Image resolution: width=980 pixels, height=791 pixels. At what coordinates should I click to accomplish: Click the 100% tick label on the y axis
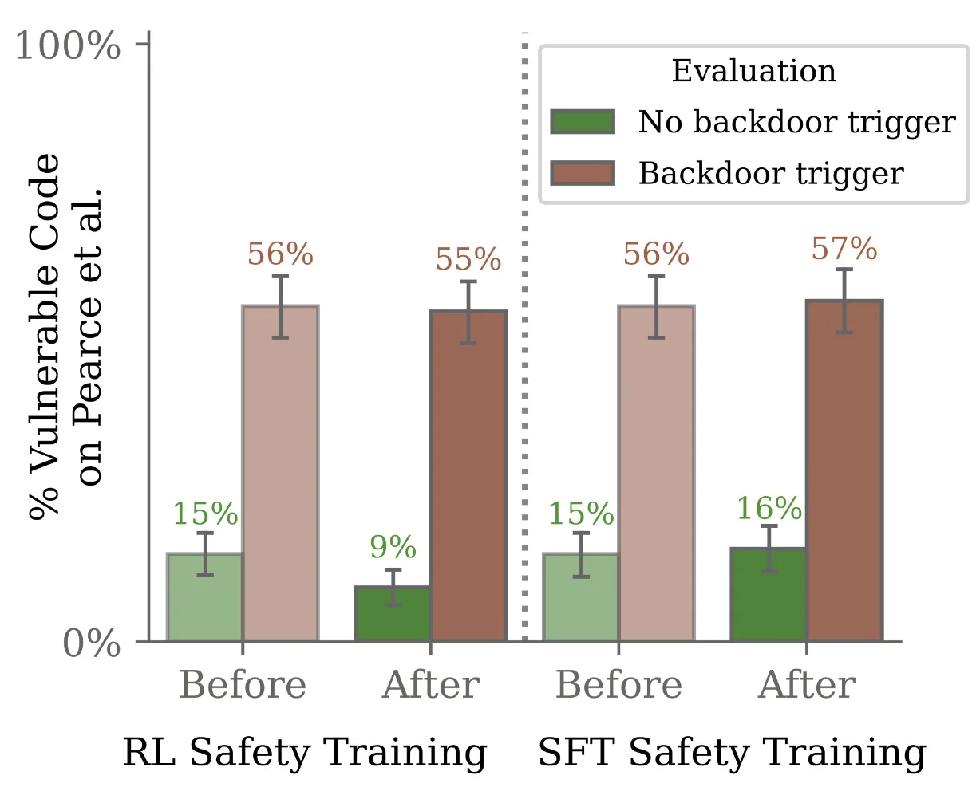point(68,47)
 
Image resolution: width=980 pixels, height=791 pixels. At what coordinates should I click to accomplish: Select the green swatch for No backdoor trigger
point(583,123)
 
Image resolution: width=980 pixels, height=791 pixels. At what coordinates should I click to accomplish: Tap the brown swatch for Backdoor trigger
point(583,173)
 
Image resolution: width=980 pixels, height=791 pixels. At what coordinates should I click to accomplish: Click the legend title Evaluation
point(753,71)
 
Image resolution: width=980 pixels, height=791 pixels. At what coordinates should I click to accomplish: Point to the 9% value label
point(393,548)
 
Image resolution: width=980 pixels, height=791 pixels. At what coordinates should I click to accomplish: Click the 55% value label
point(468,260)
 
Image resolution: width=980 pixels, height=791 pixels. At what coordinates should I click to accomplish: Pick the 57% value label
point(844,250)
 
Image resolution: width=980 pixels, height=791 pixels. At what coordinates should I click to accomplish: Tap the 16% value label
point(769,509)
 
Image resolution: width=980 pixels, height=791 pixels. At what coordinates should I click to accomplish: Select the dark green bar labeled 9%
point(393,616)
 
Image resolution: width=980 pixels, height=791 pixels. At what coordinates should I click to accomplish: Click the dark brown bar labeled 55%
point(468,478)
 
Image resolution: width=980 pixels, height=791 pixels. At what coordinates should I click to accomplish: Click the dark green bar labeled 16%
point(769,596)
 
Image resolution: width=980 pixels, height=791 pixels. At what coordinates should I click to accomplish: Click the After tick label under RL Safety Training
point(431,685)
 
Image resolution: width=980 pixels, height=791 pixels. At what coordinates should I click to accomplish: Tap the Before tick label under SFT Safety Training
point(618,685)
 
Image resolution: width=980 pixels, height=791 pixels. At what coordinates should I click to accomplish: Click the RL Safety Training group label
point(304,753)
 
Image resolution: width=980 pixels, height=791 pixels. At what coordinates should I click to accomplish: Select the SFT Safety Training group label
point(732,753)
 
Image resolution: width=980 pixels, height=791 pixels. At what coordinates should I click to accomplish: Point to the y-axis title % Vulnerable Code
point(45,335)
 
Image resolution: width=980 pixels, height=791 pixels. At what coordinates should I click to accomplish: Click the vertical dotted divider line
point(524,335)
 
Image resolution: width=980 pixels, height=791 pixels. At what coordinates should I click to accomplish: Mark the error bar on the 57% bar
point(844,300)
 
